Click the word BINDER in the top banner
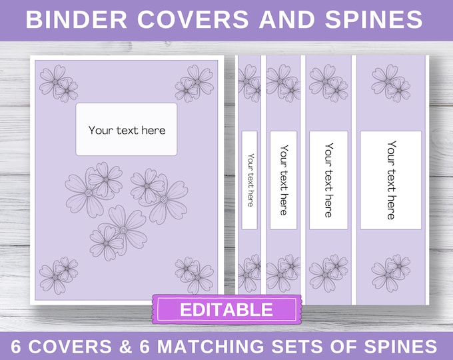click(77, 19)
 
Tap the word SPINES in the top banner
click(374, 19)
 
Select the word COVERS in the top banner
click(193, 19)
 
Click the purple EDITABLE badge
click(226, 309)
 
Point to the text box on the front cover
click(127, 129)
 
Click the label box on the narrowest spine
click(249, 180)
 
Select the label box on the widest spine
click(390, 180)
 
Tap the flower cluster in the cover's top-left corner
click(59, 83)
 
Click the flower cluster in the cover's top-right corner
click(194, 83)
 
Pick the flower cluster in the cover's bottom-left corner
click(59, 275)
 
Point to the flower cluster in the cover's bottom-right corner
click(194, 275)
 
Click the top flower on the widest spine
click(391, 83)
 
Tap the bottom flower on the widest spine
click(391, 273)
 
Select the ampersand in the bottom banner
click(125, 347)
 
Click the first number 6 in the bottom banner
click(16, 347)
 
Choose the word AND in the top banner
click(287, 19)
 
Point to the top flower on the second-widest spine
click(328, 83)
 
